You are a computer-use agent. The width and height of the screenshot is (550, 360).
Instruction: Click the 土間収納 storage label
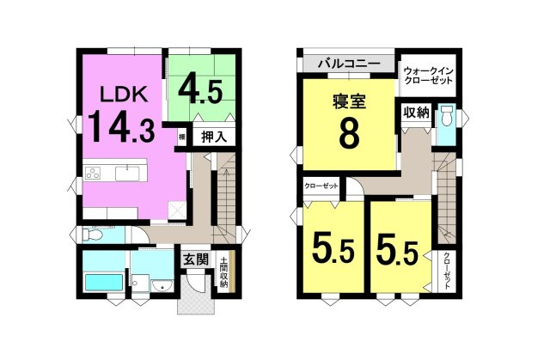click(223, 272)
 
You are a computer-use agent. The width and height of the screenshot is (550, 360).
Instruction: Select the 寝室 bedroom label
click(349, 102)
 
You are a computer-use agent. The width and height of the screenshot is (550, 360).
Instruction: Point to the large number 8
click(348, 135)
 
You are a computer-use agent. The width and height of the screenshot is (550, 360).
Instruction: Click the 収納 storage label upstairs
click(416, 113)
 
